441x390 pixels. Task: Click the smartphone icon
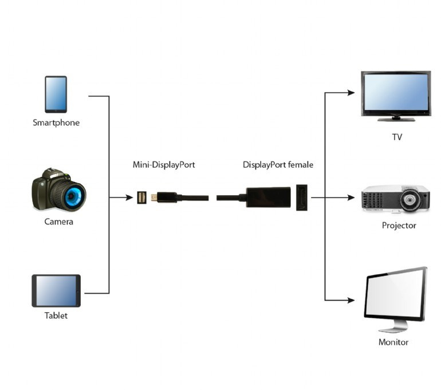tap(56, 94)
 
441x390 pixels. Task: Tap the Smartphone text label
tap(56, 123)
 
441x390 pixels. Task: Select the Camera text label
tap(59, 222)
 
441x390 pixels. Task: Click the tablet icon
tap(56, 291)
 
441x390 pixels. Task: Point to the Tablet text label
tap(56, 316)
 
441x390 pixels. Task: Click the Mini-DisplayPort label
tap(164, 165)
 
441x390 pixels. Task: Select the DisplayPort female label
tap(278, 165)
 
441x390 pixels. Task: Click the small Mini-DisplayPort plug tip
tap(154, 198)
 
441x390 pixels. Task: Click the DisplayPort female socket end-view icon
tap(302, 198)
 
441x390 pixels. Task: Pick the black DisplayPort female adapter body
tap(267, 197)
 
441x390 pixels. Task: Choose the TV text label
tap(397, 137)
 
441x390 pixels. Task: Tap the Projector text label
tap(399, 226)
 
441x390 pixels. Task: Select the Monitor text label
tap(393, 342)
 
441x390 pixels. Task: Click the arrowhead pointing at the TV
tap(351, 92)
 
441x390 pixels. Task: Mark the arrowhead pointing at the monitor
tap(351, 300)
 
